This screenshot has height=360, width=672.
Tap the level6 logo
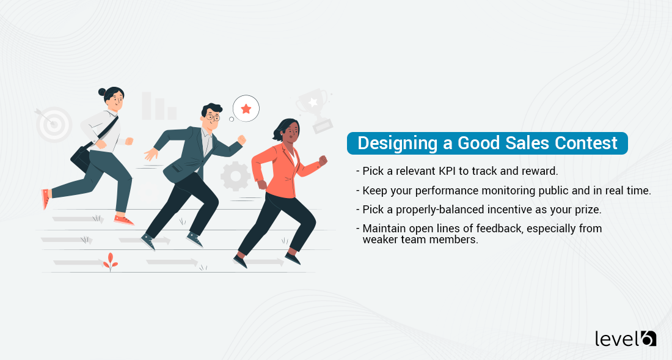click(625, 338)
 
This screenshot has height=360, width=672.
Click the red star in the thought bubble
click(246, 109)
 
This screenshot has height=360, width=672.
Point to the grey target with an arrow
click(54, 124)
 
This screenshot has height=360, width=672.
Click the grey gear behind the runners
click(236, 176)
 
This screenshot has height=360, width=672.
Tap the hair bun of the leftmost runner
click(102, 92)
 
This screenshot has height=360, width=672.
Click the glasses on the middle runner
click(211, 116)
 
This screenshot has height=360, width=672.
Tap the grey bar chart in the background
click(158, 106)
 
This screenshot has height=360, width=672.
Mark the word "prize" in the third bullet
click(588, 209)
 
